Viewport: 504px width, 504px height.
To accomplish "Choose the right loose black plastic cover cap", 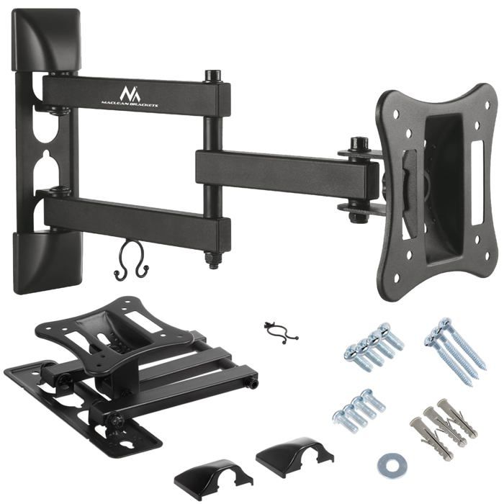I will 294,452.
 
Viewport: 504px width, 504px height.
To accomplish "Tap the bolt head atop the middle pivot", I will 212,75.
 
